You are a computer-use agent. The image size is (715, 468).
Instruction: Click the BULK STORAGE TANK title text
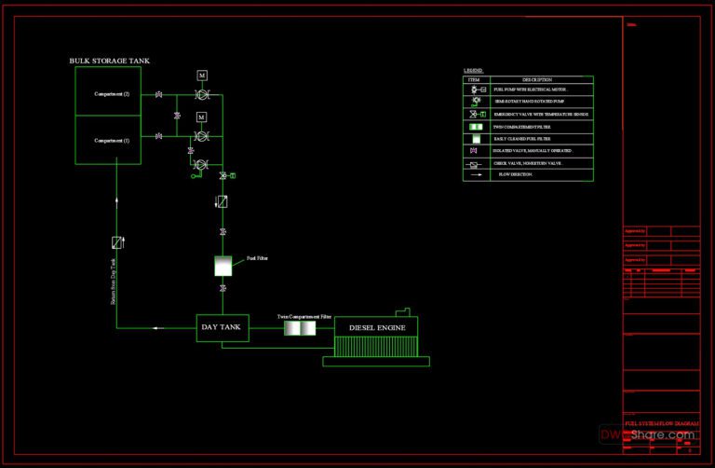tap(109, 61)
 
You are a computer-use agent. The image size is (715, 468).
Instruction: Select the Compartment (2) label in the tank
tap(112, 94)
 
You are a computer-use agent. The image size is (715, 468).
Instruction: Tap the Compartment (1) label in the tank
tap(112, 140)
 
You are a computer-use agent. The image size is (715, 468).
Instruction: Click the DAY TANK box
tap(222, 327)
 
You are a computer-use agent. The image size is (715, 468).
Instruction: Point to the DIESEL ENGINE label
tap(376, 328)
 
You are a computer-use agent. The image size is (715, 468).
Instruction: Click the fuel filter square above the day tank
tap(223, 266)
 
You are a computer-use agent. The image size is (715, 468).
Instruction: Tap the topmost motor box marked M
tap(202, 75)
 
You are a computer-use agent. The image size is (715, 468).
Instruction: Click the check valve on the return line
tap(116, 242)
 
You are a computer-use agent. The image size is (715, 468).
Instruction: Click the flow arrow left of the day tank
tap(155, 327)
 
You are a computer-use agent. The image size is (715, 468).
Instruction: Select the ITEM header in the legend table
tap(474, 80)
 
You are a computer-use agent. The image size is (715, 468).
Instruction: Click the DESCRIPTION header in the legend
tap(536, 80)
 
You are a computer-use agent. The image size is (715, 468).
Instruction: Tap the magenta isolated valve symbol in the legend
tap(474, 150)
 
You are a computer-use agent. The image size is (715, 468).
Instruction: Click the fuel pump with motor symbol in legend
tap(476, 89)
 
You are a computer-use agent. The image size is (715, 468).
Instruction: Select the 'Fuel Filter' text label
tap(257, 258)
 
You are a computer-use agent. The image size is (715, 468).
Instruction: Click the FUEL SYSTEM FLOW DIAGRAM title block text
tap(660, 422)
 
